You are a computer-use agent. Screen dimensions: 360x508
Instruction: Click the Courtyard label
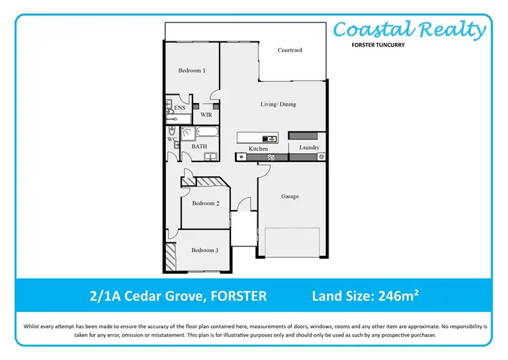click(x=290, y=50)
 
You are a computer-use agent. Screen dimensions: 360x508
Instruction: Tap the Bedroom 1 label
click(x=192, y=71)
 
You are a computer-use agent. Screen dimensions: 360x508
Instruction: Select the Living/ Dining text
click(x=278, y=104)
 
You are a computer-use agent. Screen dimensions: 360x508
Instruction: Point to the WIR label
click(x=207, y=115)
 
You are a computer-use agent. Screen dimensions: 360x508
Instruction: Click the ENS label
click(x=179, y=108)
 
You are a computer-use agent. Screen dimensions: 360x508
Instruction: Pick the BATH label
click(x=199, y=146)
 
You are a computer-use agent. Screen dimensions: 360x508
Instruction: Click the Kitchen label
click(x=258, y=148)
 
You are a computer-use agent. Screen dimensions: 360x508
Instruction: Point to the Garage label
click(x=290, y=197)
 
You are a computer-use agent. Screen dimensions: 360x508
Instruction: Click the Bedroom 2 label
click(x=205, y=203)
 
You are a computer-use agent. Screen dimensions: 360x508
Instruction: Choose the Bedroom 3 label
click(x=205, y=251)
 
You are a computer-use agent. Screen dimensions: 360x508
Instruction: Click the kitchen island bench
click(x=261, y=138)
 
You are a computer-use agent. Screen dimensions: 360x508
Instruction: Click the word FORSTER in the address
click(x=238, y=296)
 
